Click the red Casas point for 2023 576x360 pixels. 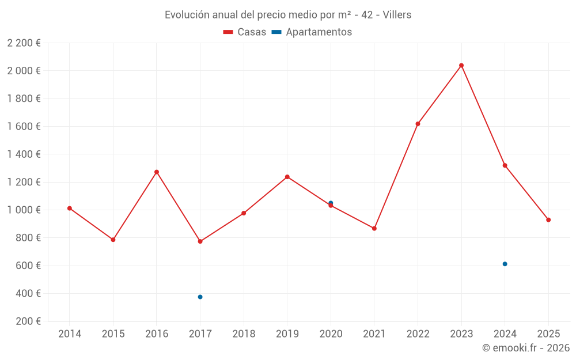tap(461, 65)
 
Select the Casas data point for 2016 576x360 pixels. tap(157, 172)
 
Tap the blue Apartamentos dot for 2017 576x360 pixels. tap(200, 297)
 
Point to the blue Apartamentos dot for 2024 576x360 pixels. tap(505, 264)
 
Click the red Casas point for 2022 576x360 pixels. tap(418, 124)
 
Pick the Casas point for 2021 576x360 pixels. tap(374, 229)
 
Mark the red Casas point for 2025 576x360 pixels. tap(548, 220)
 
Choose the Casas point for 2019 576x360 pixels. tap(287, 177)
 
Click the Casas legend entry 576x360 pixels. tap(245, 32)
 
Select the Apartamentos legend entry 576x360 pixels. tap(312, 32)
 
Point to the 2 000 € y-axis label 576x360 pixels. tap(24, 71)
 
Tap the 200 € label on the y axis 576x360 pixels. tap(28, 321)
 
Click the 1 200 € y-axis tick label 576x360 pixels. tap(24, 182)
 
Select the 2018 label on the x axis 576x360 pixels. tap(244, 334)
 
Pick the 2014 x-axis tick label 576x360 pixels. tap(70, 334)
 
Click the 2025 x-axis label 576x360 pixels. tap(548, 334)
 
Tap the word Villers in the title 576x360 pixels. tap(397, 15)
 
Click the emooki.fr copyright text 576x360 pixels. tap(526, 348)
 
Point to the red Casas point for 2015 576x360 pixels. tap(113, 240)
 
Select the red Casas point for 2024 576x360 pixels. tap(505, 165)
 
